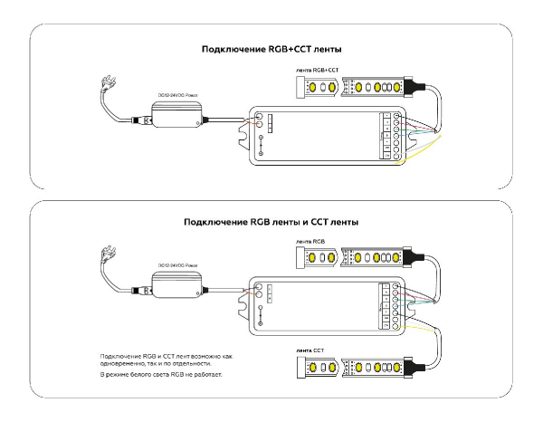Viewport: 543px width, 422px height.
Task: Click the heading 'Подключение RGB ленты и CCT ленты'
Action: [x=271, y=221]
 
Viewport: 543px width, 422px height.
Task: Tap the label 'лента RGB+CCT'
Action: [x=318, y=70]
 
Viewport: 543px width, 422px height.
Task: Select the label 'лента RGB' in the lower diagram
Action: [x=311, y=243]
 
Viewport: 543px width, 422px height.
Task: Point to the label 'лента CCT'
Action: [x=311, y=349]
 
